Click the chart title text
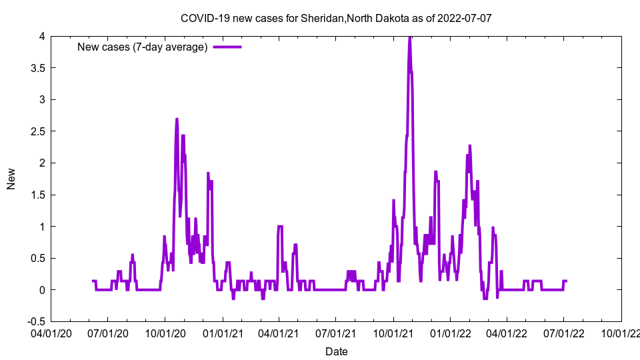(336, 18)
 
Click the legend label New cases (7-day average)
(143, 47)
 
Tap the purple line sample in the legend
(227, 47)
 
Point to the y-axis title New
(11, 179)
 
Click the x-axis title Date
(336, 351)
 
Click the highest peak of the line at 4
(409, 37)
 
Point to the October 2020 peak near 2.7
(177, 119)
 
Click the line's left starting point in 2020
(93, 281)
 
